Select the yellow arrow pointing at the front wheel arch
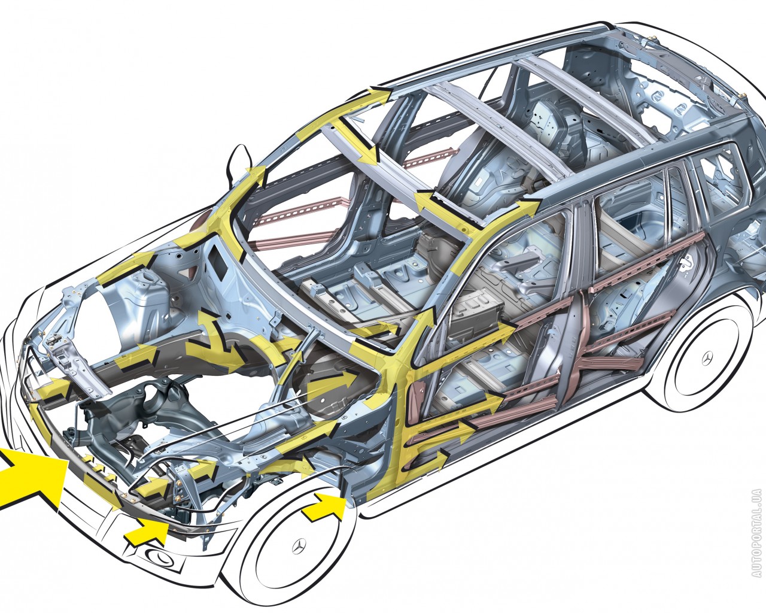324,507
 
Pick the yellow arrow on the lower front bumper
148,533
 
